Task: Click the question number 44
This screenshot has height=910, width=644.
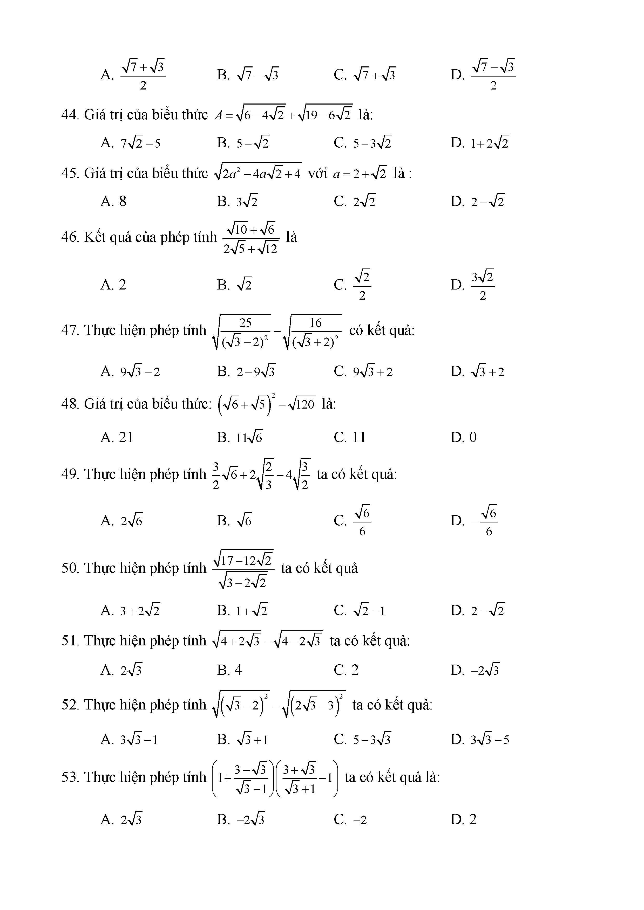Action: pos(70,115)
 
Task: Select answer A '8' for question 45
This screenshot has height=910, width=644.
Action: pos(113,201)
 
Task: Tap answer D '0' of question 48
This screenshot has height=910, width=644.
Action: pos(464,437)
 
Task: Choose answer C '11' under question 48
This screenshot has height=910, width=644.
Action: pos(350,437)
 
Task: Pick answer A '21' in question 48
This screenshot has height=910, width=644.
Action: pos(117,437)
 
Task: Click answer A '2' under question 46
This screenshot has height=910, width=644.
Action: pos(113,285)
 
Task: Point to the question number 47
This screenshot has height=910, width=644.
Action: pos(70,330)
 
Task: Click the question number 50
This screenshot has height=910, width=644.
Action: pos(70,568)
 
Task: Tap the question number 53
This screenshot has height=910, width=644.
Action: pos(70,777)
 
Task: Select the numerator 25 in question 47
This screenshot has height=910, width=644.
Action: pos(246,323)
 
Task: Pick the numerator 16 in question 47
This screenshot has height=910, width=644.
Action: pos(316,323)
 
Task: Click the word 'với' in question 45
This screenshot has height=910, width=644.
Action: pos(317,173)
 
